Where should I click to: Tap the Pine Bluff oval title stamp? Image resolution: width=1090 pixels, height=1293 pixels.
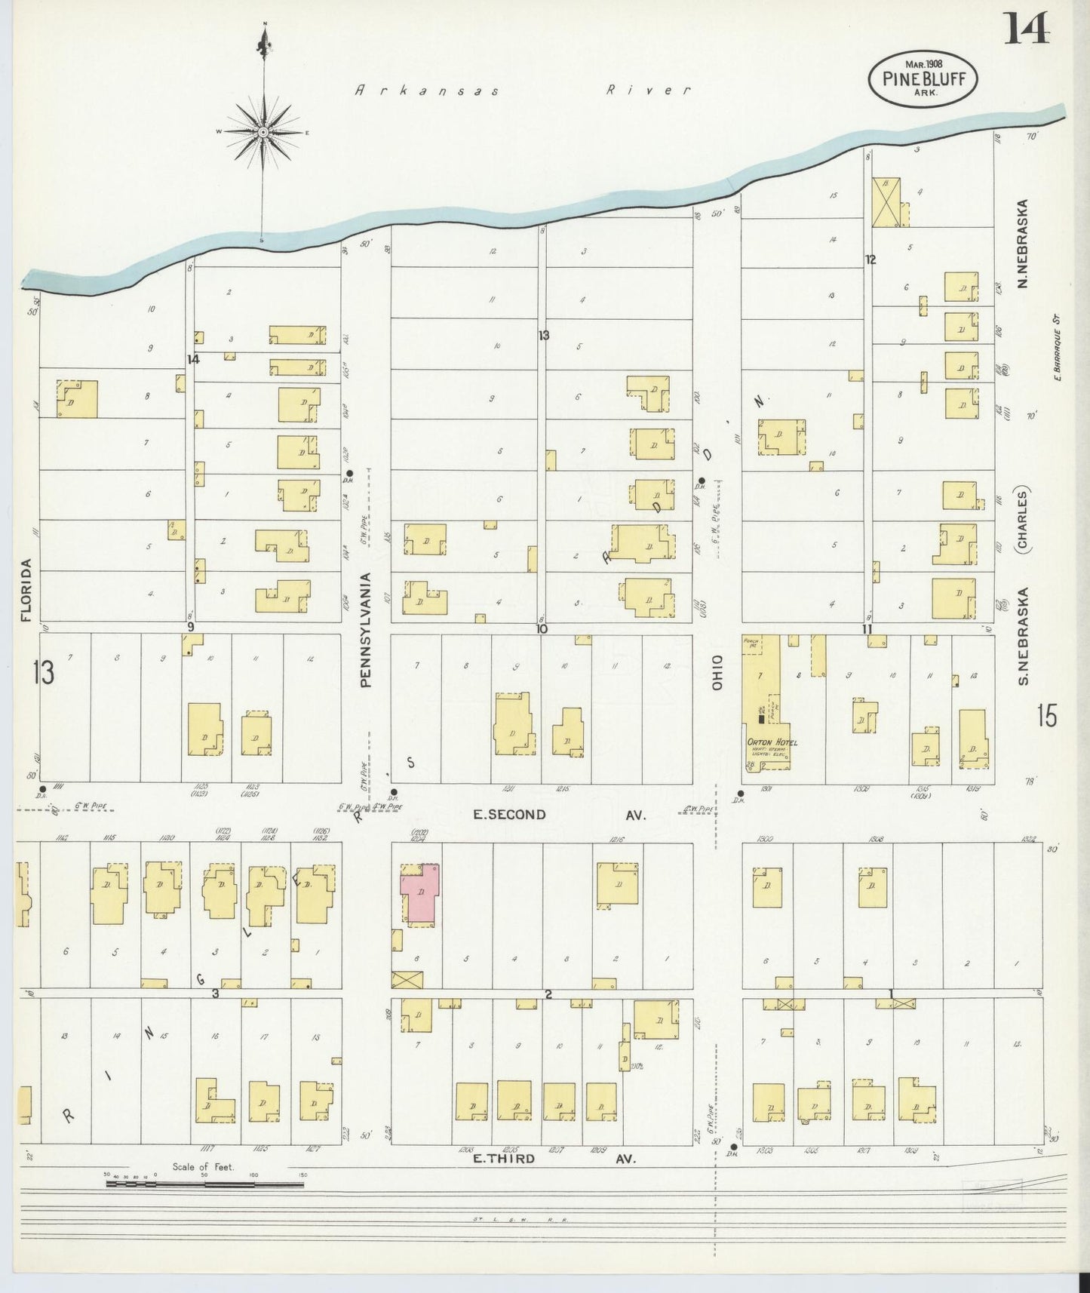coord(923,75)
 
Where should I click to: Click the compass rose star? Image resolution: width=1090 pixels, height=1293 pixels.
coord(263,133)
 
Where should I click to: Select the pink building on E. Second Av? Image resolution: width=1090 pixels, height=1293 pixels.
coord(420,895)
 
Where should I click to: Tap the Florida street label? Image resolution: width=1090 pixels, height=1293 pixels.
coord(27,590)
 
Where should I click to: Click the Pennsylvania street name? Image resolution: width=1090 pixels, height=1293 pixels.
coord(367,630)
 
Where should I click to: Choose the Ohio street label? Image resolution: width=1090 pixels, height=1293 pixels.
coord(717,671)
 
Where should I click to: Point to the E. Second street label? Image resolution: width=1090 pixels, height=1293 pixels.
coord(509,814)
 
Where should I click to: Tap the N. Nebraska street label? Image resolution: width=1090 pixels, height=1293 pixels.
coord(1024,243)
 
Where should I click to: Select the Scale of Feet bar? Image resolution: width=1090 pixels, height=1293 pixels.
coord(204,1184)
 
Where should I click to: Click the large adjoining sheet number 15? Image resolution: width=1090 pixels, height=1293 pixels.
coord(1046,715)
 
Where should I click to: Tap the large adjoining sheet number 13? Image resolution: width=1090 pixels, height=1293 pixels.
coord(44,671)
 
